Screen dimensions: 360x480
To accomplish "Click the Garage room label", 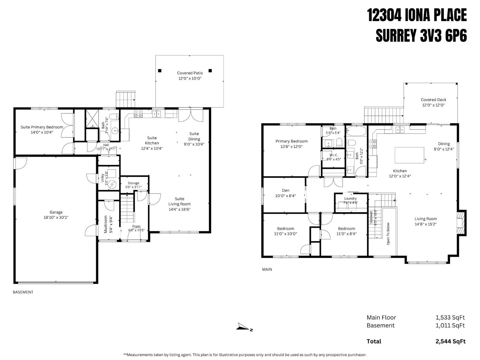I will (x=56, y=212).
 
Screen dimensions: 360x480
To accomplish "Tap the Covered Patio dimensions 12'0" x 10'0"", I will (x=190, y=78).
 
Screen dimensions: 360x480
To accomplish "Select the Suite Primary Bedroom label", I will (x=42, y=127).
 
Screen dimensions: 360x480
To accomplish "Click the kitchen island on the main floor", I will (x=409, y=155).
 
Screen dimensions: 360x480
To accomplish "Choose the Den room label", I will (x=285, y=190).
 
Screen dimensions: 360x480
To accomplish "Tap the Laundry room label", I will (x=350, y=198).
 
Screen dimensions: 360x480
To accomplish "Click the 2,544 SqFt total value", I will (x=450, y=341).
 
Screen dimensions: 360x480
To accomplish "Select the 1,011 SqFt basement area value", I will (x=450, y=325).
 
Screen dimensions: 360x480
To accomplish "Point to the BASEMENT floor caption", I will (x=23, y=292).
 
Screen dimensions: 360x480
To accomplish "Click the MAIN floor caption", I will (x=267, y=269).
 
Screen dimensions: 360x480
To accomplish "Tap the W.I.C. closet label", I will (x=334, y=155).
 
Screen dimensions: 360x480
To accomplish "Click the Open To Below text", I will (x=388, y=233).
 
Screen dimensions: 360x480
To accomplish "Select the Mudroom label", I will (x=106, y=224).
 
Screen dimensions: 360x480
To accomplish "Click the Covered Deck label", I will (x=433, y=100).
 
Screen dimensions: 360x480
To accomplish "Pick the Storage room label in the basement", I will (x=133, y=183).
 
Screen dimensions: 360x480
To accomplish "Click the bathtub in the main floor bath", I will (x=356, y=131).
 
